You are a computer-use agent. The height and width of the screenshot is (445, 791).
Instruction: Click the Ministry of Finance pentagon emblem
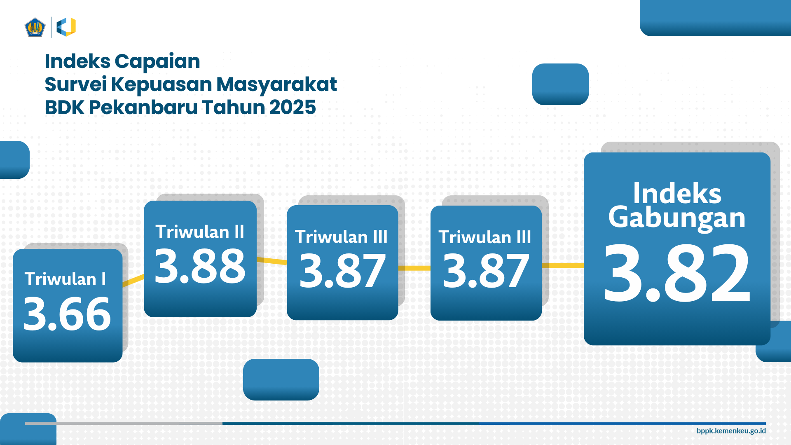click(x=35, y=27)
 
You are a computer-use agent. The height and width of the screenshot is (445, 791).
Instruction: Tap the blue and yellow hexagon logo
click(x=66, y=27)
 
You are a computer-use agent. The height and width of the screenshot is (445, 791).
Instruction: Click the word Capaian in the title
click(x=157, y=62)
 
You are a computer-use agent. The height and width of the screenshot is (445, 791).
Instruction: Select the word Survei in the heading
click(x=75, y=84)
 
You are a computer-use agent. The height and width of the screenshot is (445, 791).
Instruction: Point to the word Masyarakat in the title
click(x=276, y=85)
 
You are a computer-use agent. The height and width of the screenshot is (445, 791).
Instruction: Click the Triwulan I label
click(x=65, y=279)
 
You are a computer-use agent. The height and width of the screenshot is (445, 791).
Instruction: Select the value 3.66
click(x=67, y=314)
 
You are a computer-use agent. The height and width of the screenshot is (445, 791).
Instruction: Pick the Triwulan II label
click(x=200, y=232)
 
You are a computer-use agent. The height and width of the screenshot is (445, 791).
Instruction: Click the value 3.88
click(x=200, y=266)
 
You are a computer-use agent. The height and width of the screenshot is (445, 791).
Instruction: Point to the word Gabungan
click(x=677, y=218)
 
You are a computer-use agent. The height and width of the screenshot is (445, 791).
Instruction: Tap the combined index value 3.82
click(x=677, y=273)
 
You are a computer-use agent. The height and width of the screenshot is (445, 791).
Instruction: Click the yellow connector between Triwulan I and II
click(x=133, y=280)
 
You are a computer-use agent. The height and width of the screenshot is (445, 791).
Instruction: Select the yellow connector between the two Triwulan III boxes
click(x=414, y=268)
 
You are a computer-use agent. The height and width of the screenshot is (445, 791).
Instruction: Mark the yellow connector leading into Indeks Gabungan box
click(x=563, y=266)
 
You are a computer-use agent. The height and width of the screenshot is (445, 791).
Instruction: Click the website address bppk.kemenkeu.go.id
click(x=731, y=431)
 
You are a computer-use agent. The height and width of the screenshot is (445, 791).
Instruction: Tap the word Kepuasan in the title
click(x=161, y=85)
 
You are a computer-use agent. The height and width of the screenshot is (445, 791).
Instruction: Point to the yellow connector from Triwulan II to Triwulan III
click(x=272, y=261)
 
